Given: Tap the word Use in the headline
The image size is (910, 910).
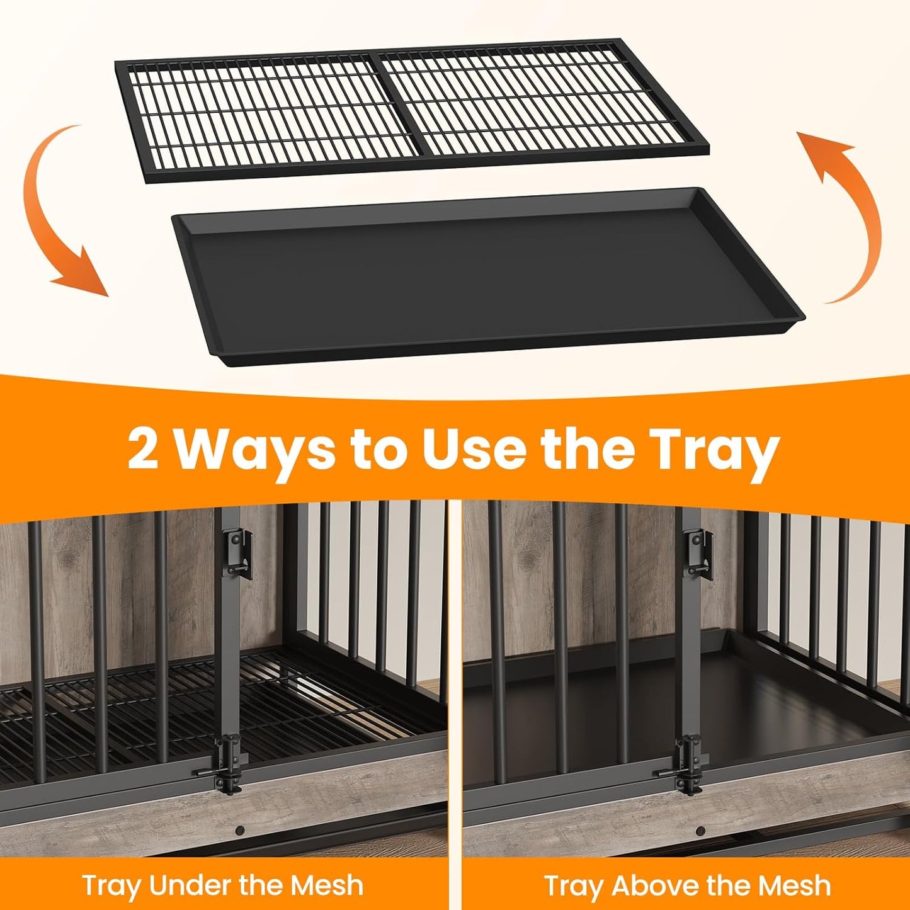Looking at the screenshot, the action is (x=473, y=447).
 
